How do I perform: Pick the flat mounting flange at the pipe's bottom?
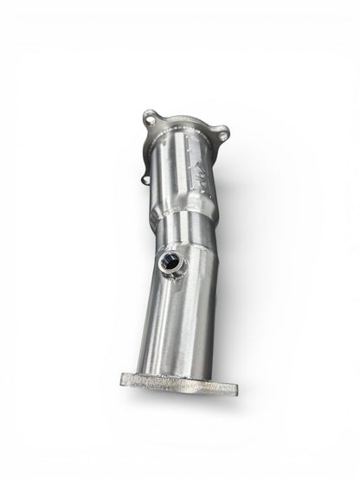(178, 381)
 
